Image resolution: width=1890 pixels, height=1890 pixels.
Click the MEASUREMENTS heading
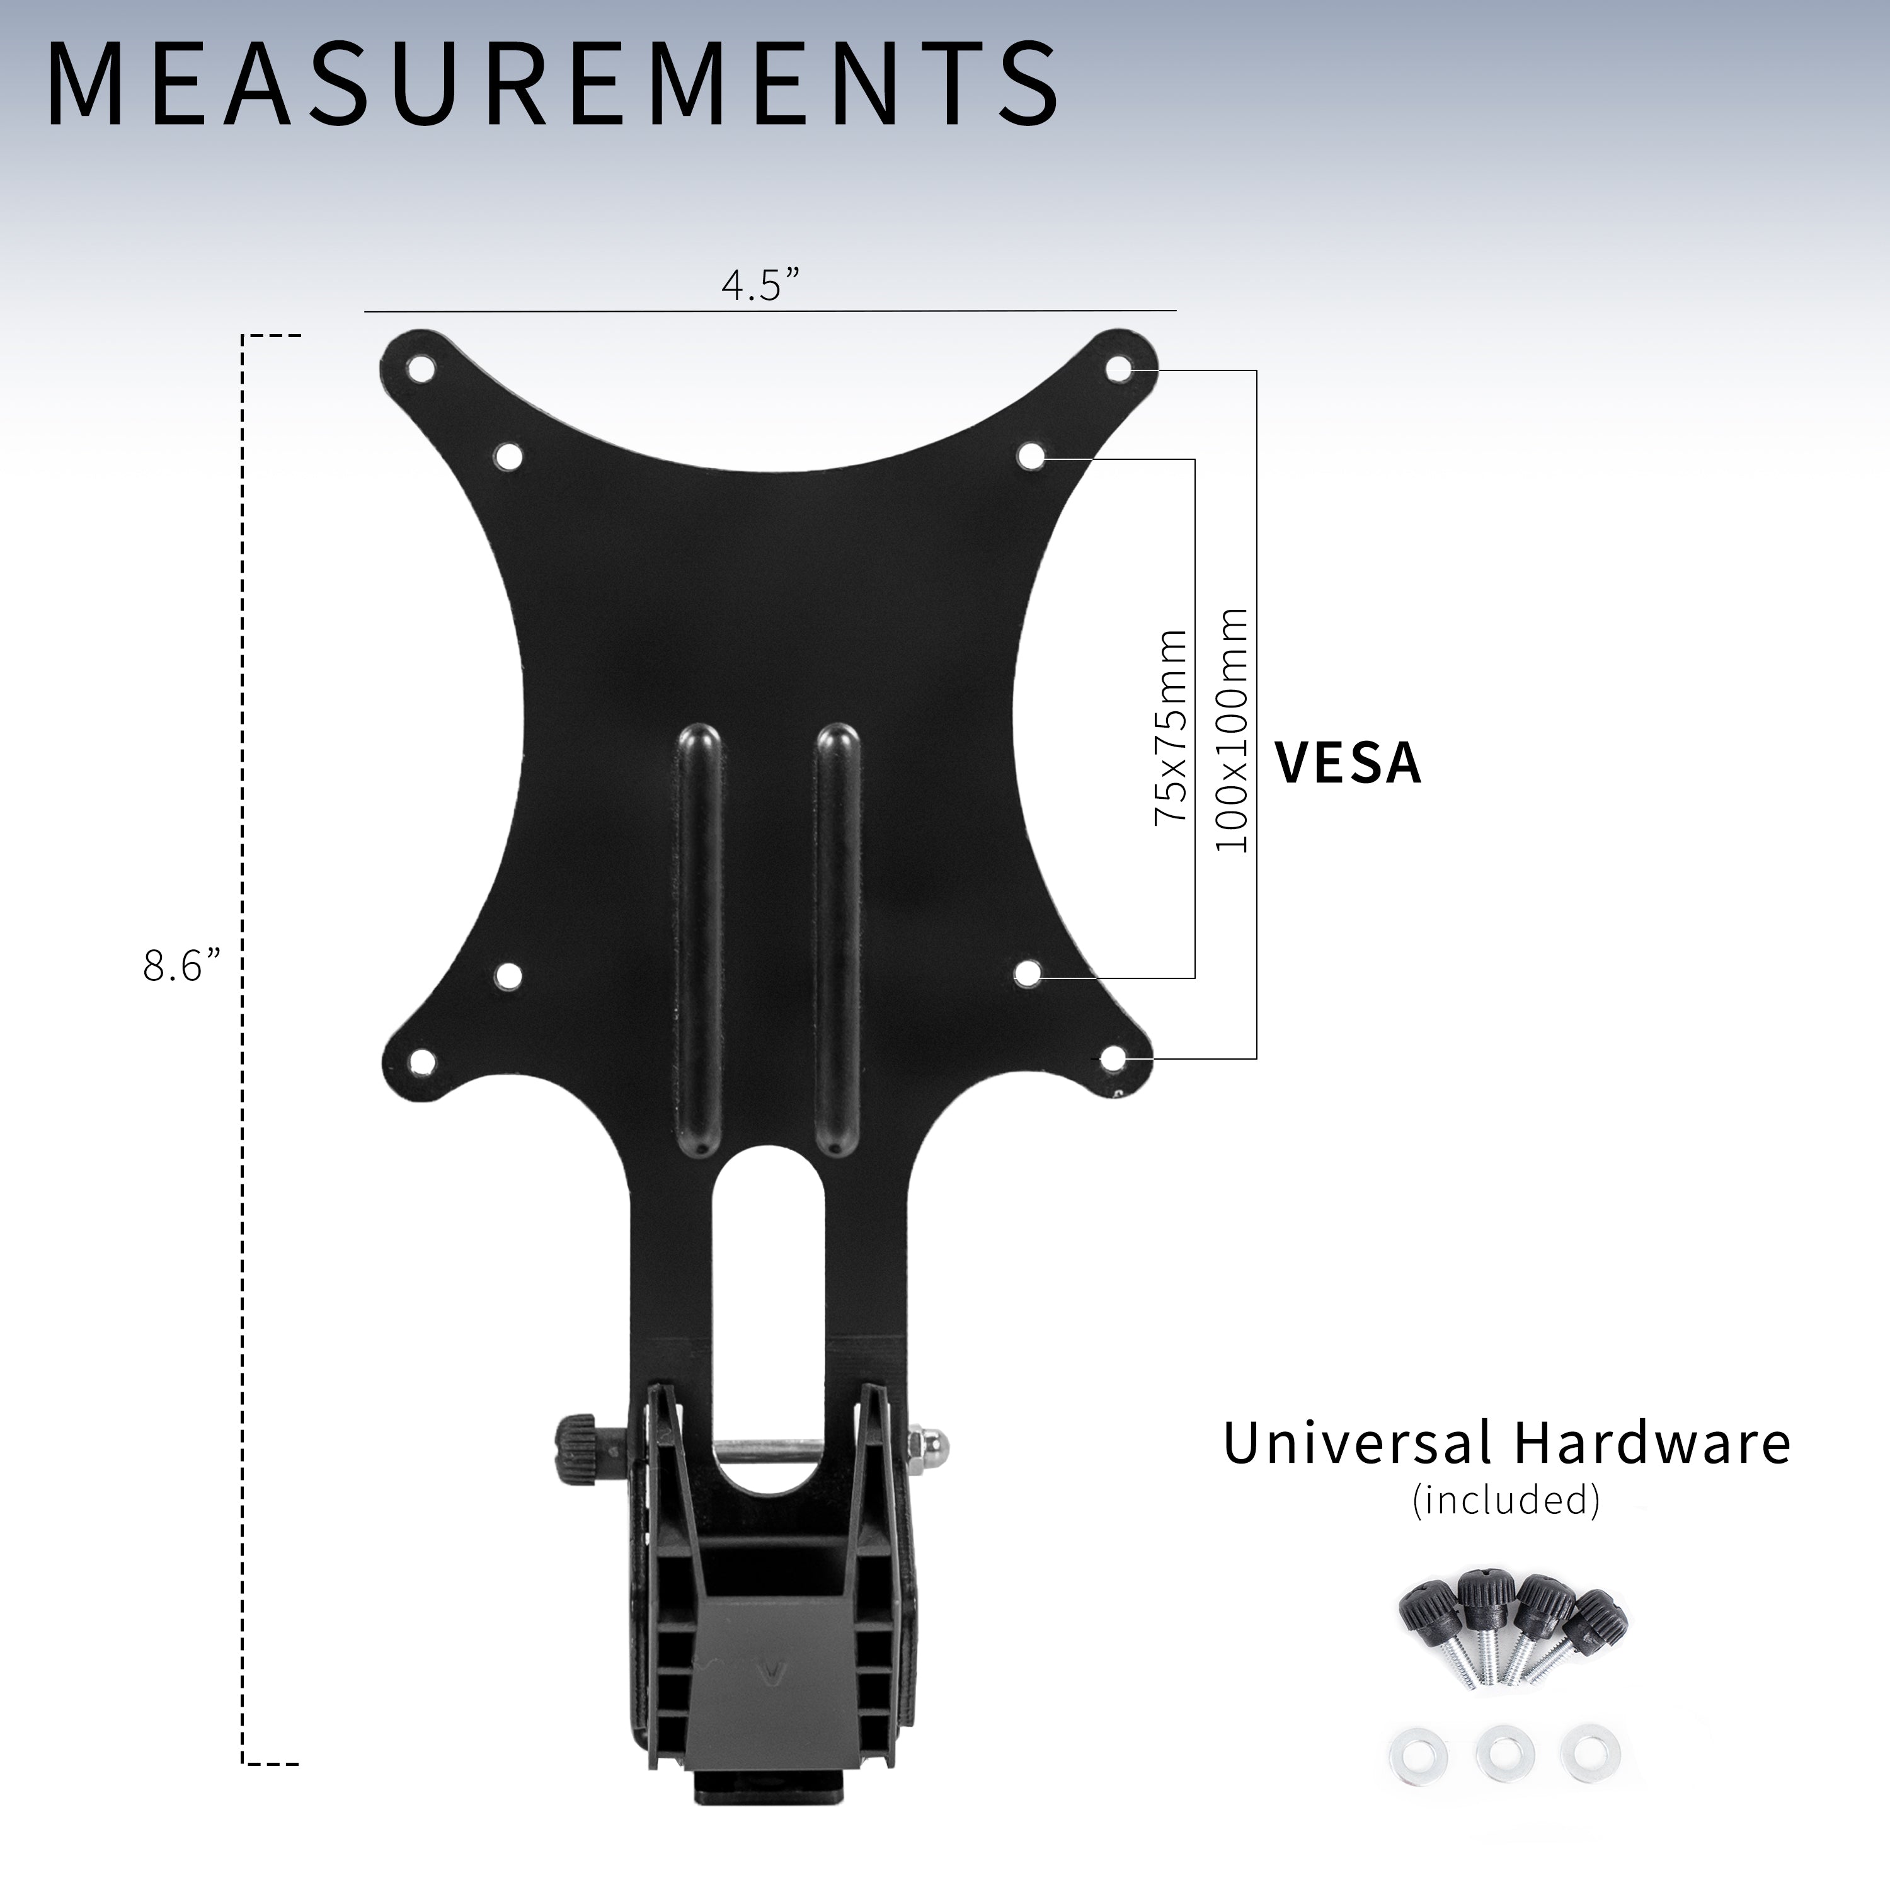click(x=553, y=87)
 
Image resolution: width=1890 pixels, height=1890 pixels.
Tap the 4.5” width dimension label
click(x=760, y=285)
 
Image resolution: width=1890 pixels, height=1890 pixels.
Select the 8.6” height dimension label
click(x=183, y=966)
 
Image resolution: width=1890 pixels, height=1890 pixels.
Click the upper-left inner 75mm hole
click(x=508, y=456)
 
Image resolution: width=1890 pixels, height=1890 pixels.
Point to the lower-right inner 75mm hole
click(x=1028, y=973)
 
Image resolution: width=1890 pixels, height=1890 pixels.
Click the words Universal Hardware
click(x=1506, y=1444)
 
